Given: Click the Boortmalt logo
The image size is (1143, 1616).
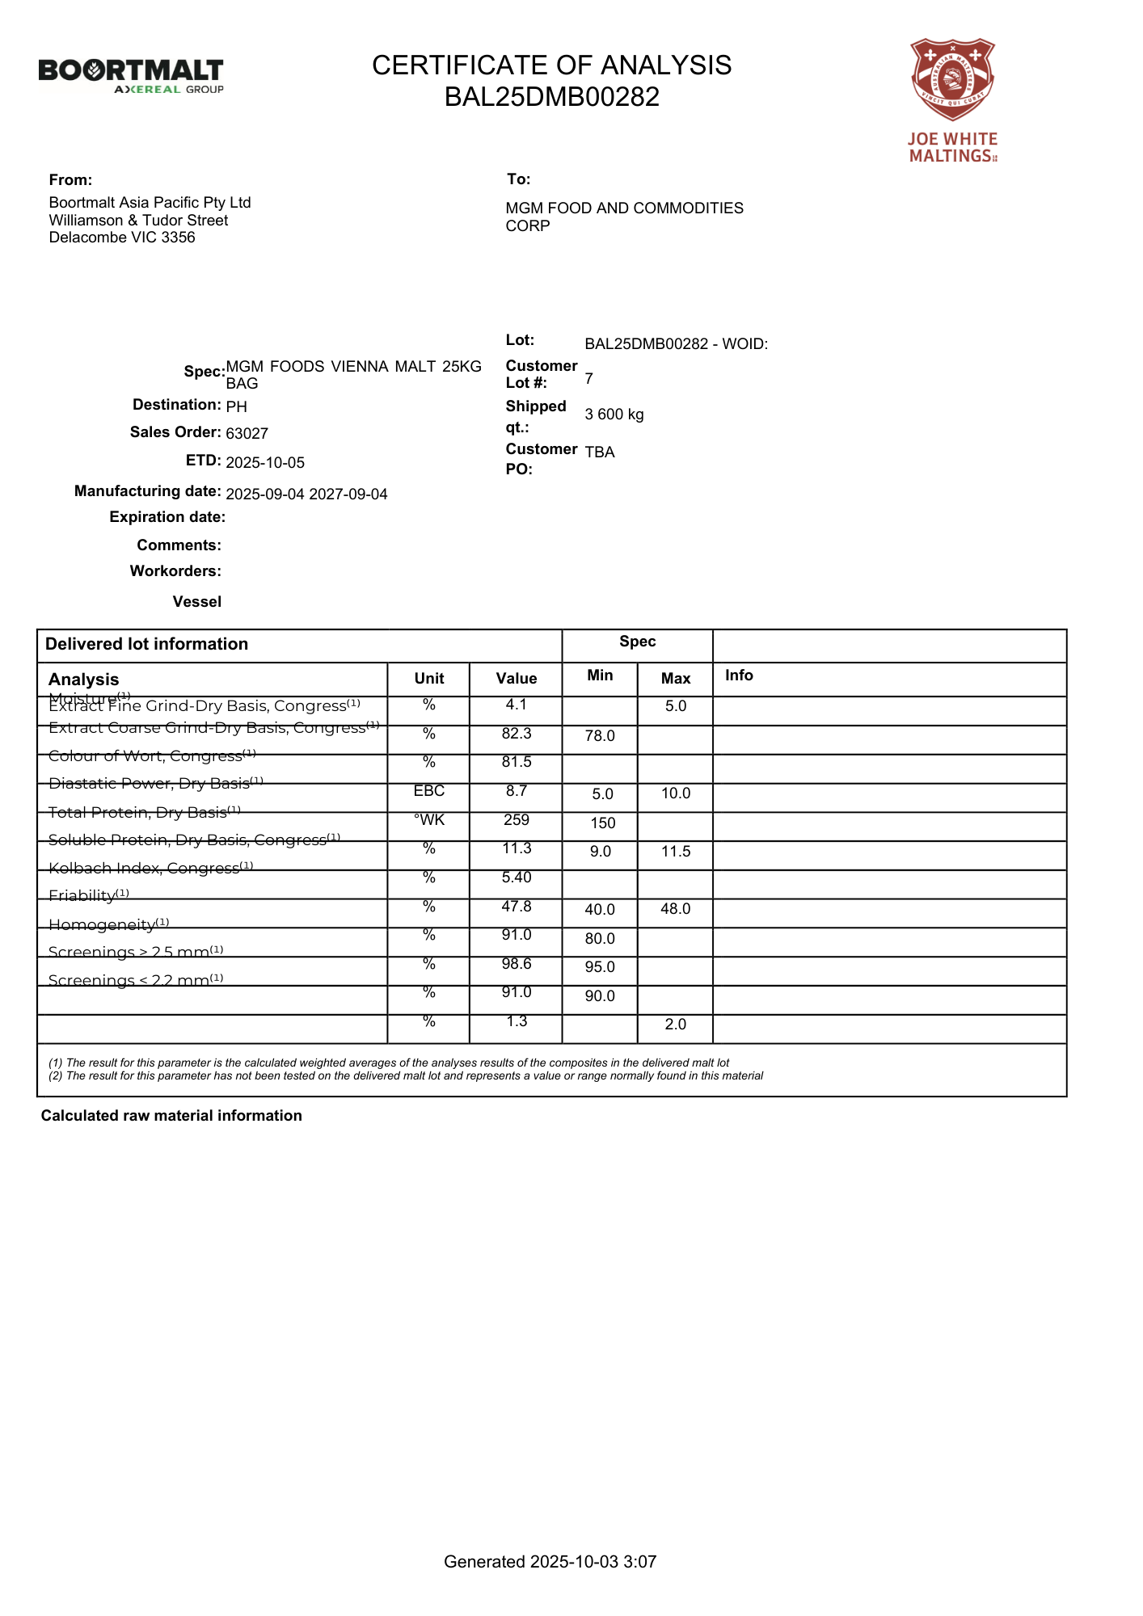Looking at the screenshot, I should pos(131,75).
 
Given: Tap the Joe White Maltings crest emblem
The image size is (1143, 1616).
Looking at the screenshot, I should pos(952,79).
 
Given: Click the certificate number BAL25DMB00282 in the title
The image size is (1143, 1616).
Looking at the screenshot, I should pos(551,97).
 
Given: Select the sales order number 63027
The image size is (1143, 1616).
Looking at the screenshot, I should pos(247,434).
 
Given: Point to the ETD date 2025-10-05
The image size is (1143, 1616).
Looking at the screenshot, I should pos(265,463).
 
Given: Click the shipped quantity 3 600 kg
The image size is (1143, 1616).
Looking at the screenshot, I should pos(614,415).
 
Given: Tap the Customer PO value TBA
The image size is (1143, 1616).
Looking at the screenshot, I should pos(600,452).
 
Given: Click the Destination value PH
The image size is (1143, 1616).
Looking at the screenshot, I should pos(236,406).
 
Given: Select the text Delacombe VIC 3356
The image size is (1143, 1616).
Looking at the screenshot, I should pos(122,238).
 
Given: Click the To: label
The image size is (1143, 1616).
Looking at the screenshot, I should pos(518,179).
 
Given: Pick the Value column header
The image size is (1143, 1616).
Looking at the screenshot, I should pos(516,679).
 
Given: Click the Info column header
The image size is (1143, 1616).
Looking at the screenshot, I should pos(739,675).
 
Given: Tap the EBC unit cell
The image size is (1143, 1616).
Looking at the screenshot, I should pos(429,791).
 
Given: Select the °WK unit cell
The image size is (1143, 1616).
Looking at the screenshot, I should pos(429,820).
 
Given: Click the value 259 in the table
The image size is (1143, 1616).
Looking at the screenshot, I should pos(516,820).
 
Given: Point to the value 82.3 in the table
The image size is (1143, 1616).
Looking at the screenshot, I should pos(516,734).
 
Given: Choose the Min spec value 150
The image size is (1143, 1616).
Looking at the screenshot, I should pos(603,823).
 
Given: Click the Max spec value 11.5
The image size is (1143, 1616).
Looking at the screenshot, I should pos(676,852).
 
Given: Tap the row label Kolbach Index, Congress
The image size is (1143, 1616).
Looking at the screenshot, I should pos(150,869).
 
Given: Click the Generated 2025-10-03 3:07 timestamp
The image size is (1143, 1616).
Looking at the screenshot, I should pos(550,1562).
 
